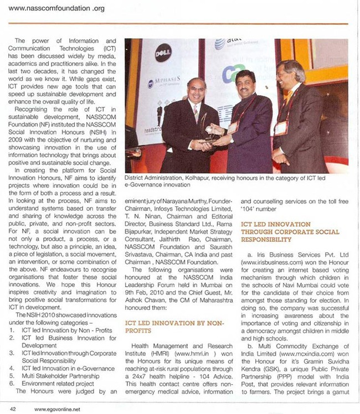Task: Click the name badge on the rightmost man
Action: (282, 127)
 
